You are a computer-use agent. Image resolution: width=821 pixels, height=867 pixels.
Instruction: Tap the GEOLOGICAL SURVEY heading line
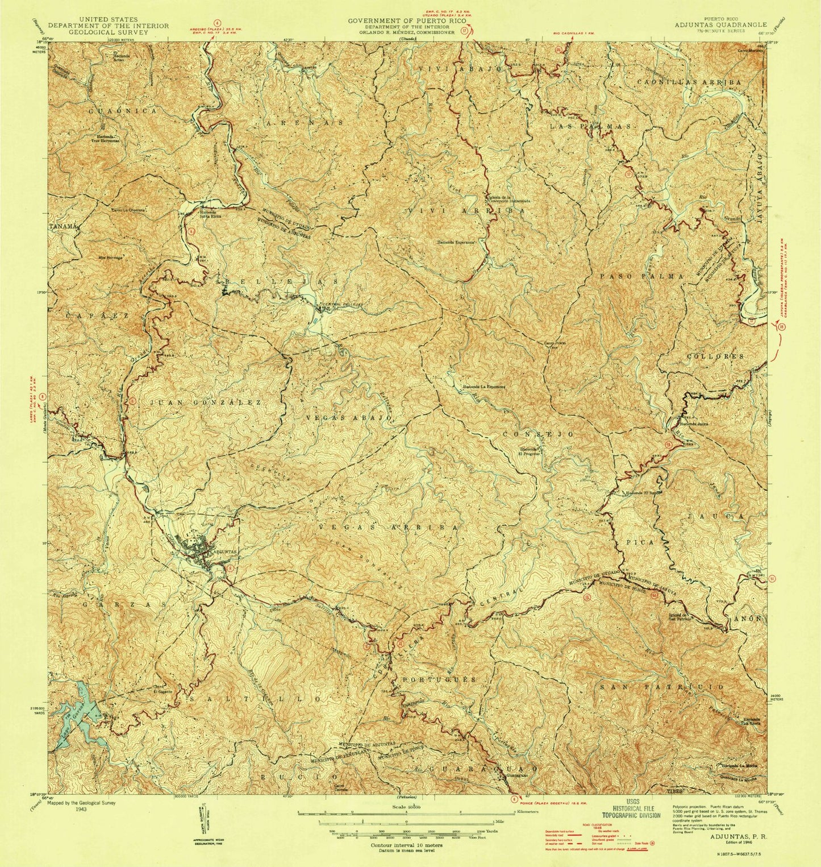pos(100,32)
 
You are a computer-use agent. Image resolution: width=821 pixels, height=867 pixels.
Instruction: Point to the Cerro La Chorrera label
pos(129,209)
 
